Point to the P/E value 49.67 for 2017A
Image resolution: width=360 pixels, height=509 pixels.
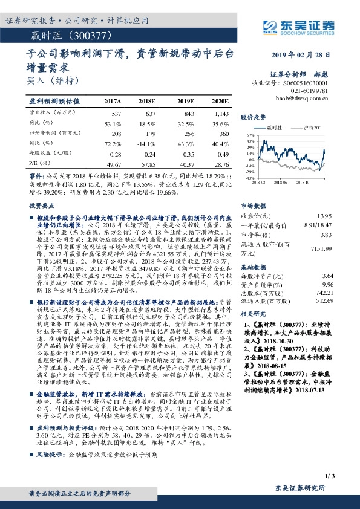(x=113, y=164)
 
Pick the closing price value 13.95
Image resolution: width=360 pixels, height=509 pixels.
(x=324, y=216)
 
